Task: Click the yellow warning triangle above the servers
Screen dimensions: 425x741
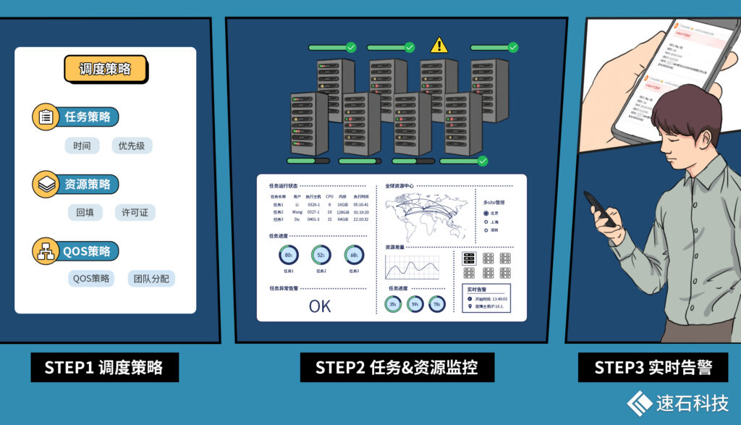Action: pyautogui.click(x=439, y=46)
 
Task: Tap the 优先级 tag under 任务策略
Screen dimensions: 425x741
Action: pyautogui.click(x=132, y=146)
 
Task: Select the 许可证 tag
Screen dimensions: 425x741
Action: pyautogui.click(x=135, y=213)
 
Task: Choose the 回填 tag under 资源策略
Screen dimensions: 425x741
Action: pyautogui.click(x=85, y=213)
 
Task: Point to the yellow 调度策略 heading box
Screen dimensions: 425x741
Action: pyautogui.click(x=105, y=70)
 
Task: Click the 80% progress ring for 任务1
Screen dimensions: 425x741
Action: pyautogui.click(x=289, y=255)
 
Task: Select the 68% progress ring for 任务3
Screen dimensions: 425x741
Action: pyautogui.click(x=354, y=255)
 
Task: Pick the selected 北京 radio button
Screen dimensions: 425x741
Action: pyautogui.click(x=486, y=213)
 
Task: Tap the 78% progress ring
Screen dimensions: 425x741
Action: pyautogui.click(x=437, y=305)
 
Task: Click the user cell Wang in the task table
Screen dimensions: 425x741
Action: pyautogui.click(x=297, y=211)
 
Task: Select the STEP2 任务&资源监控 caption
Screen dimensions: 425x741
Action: pyautogui.click(x=397, y=367)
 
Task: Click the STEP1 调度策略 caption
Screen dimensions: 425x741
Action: pyautogui.click(x=105, y=367)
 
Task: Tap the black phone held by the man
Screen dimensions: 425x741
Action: pyautogui.click(x=599, y=209)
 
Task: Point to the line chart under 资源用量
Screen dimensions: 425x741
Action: pyautogui.click(x=412, y=267)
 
